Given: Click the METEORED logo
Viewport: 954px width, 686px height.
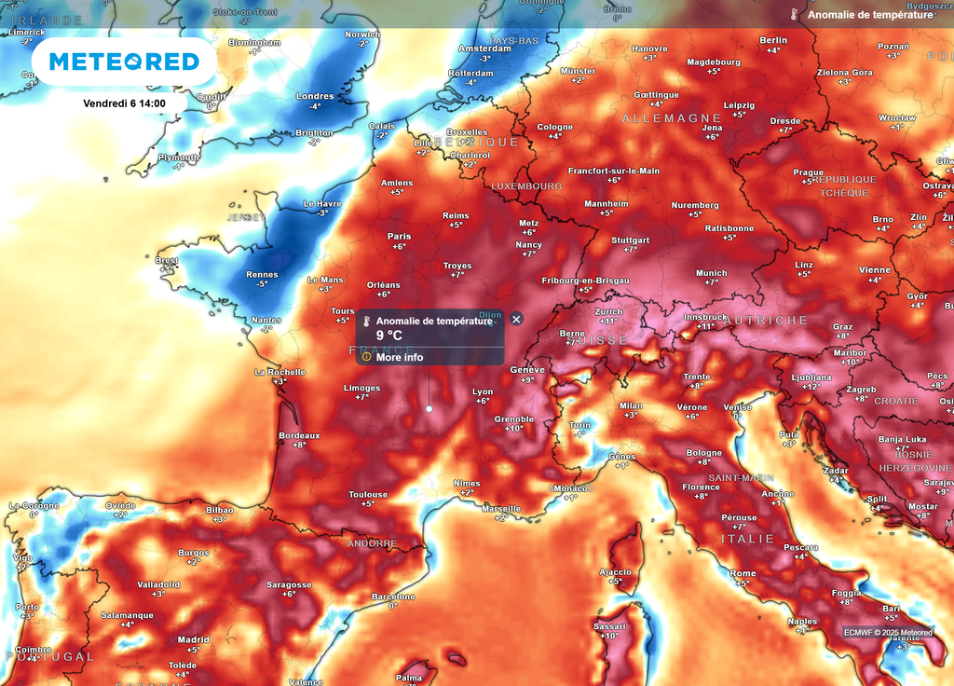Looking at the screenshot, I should click(124, 62).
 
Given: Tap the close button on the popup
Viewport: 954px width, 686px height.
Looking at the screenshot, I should click(517, 319).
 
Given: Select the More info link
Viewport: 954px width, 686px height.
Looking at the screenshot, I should click(399, 357).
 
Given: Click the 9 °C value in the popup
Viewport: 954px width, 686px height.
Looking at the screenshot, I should click(389, 336).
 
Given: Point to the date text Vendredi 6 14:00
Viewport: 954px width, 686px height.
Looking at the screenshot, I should click(124, 103).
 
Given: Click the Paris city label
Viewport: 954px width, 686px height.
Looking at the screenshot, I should click(399, 237).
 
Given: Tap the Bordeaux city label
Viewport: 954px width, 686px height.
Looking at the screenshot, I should click(299, 435).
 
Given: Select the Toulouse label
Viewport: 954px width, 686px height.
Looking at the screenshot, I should click(368, 495).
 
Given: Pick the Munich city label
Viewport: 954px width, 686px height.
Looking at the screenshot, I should click(711, 273).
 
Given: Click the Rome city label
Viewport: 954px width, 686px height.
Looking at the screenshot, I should click(743, 573).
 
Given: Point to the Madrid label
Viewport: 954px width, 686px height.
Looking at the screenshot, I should click(193, 639).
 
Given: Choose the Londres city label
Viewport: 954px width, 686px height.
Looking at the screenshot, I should click(315, 96).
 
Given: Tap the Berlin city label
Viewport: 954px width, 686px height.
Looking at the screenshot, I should click(773, 40).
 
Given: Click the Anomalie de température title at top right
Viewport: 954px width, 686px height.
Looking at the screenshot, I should click(870, 15).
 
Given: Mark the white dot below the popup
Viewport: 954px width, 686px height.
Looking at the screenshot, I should click(429, 408).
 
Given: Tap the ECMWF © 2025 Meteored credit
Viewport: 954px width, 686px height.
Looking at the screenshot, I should click(888, 632).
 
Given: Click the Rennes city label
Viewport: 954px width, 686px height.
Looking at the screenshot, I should click(262, 275).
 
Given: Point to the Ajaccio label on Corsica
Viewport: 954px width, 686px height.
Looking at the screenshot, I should click(615, 572).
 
